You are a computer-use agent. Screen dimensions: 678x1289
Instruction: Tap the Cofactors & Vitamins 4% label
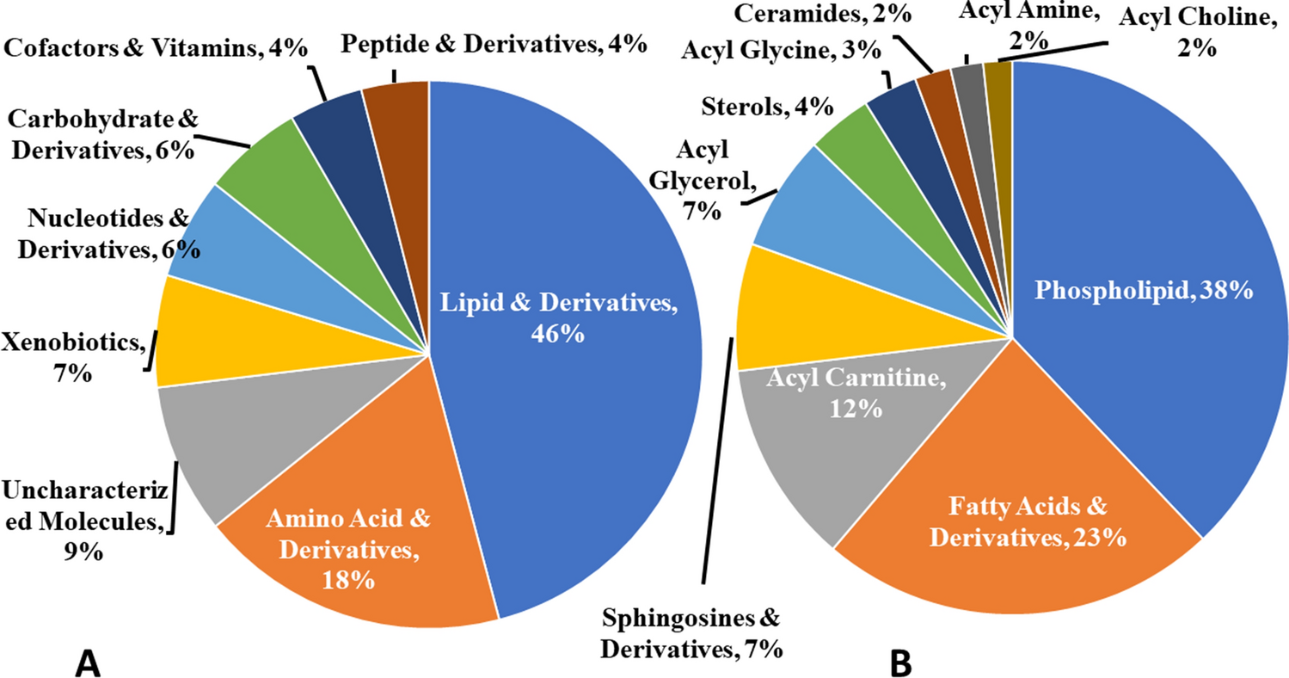[156, 49]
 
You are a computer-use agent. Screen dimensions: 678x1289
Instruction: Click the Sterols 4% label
[768, 107]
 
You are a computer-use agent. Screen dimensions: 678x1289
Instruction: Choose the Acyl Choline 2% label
[1192, 34]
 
